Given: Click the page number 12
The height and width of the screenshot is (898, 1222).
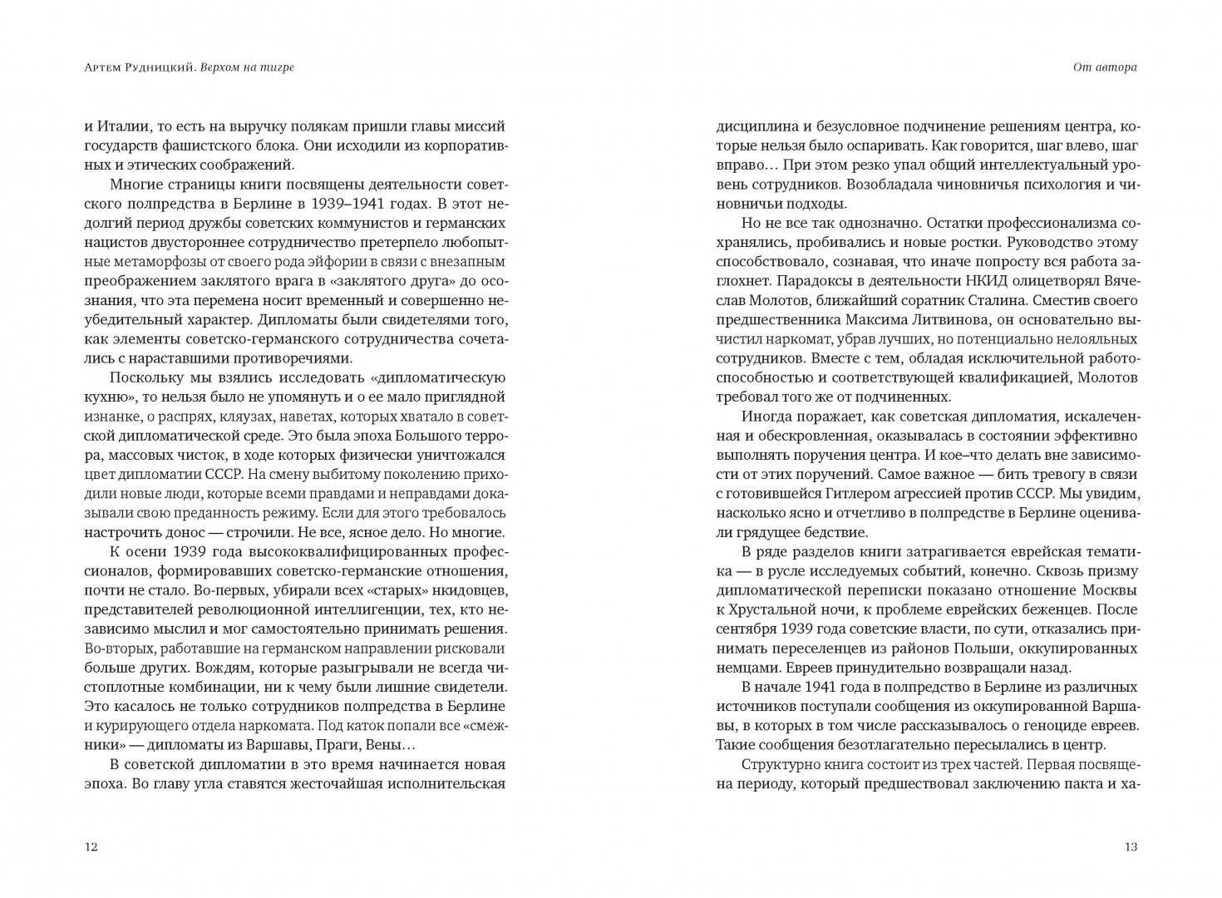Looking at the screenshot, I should [x=91, y=847].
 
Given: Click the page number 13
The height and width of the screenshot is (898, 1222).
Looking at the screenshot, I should [x=1130, y=847].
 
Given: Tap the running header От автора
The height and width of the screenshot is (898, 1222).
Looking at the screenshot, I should [x=1105, y=67].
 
